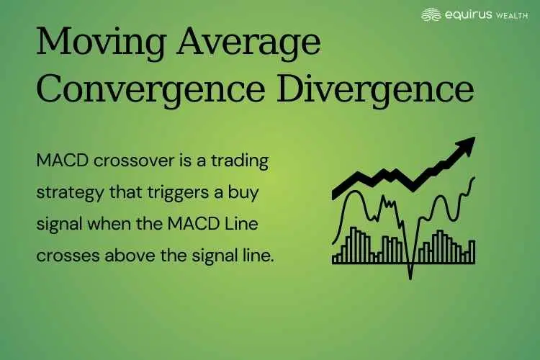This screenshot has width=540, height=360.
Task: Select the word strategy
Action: pos(67,194)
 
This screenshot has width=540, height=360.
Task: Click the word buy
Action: pos(252,194)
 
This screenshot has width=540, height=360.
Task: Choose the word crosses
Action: pos(66,256)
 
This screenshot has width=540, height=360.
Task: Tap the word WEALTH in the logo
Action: pos(513,14)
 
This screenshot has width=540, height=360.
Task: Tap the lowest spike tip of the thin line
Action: pos(410,277)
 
